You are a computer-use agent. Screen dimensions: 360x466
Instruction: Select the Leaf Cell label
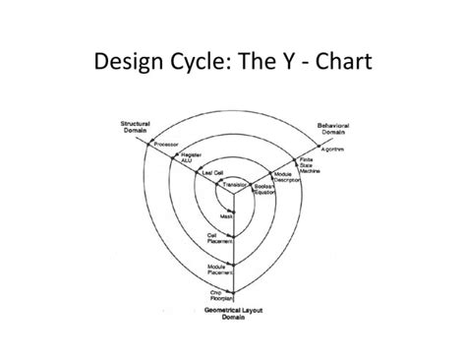click(x=211, y=173)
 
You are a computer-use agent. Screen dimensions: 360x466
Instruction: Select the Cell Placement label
click(x=217, y=237)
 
